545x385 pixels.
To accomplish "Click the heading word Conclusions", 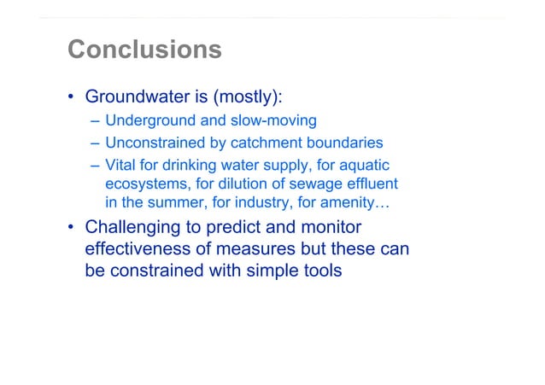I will point(144,50).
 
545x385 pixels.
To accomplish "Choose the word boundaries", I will point(343,143).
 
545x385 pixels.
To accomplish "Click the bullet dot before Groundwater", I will point(72,96).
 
